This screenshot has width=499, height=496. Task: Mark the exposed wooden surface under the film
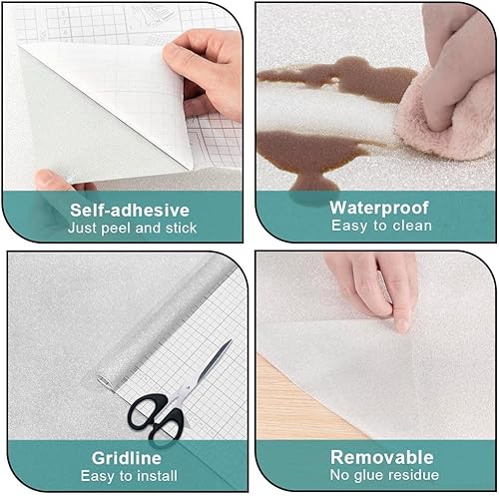pyautogui.click(x=299, y=399)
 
